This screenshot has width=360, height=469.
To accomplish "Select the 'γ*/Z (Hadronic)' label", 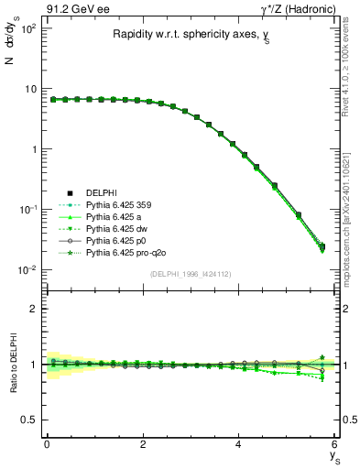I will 299,7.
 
